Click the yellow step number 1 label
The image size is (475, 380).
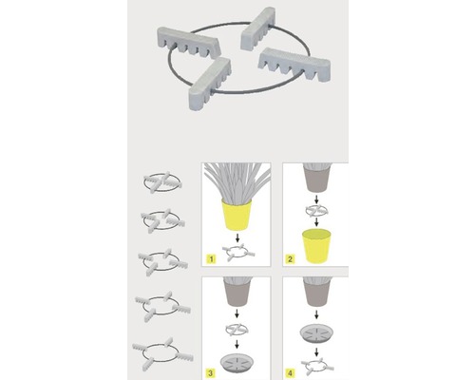pyautogui.click(x=211, y=259)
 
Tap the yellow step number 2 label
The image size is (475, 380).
pyautogui.click(x=290, y=259)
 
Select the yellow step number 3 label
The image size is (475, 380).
pyautogui.click(x=210, y=373)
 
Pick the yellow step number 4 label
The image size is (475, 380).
pyautogui.click(x=290, y=373)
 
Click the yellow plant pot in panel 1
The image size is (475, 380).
pyautogui.click(x=237, y=215)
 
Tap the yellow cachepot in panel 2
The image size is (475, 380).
pyautogui.click(x=316, y=247)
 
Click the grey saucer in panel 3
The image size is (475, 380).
pyautogui.click(x=237, y=362)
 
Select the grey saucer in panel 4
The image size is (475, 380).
pyautogui.click(x=316, y=333)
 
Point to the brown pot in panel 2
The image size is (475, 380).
pyautogui.click(x=316, y=178)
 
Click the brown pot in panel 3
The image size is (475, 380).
pyautogui.click(x=237, y=292)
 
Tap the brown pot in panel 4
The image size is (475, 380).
pyautogui.click(x=316, y=292)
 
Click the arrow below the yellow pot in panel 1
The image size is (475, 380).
pyautogui.click(x=237, y=237)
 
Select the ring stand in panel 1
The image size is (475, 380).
pyautogui.click(x=239, y=253)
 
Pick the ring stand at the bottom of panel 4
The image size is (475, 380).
pyautogui.click(x=317, y=368)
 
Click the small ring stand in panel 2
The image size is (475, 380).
pyautogui.click(x=316, y=210)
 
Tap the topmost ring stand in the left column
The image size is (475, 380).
pyautogui.click(x=162, y=182)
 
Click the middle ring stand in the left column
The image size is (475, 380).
pyautogui.click(x=162, y=262)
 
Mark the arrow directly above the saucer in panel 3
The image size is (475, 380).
pyautogui.click(x=237, y=344)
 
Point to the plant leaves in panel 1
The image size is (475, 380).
pyautogui.click(x=237, y=183)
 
